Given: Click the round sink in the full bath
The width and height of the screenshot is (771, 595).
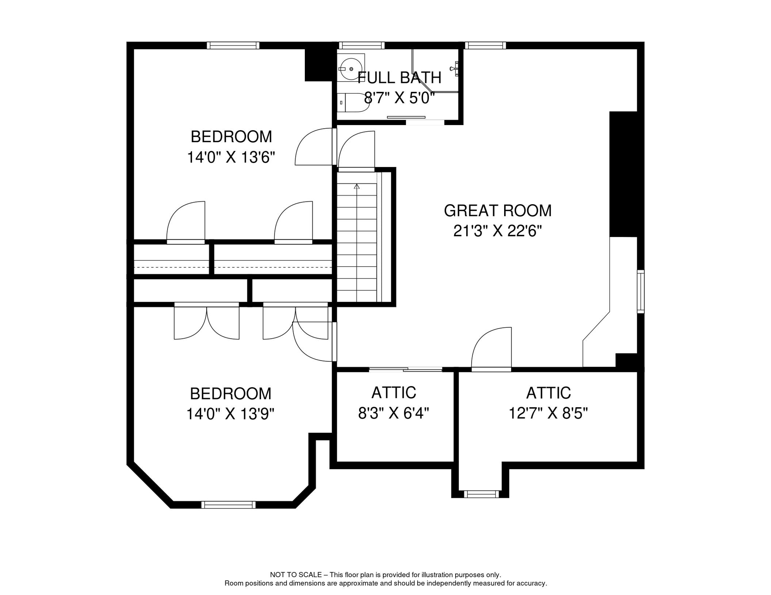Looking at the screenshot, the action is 351,69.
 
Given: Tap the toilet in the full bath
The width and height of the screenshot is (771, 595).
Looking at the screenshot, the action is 352,103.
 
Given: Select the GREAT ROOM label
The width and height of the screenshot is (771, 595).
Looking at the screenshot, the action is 498,211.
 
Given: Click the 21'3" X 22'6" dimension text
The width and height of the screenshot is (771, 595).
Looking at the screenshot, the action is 498,231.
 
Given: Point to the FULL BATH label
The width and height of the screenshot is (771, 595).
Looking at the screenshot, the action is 399,78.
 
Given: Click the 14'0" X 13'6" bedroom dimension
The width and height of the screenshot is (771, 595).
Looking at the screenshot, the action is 231,157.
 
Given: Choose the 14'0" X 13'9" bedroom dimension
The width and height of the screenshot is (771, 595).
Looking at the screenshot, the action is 230,414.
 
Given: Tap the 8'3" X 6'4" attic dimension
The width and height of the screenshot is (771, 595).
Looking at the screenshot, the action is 394,413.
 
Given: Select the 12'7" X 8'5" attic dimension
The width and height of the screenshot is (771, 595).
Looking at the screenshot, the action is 548,413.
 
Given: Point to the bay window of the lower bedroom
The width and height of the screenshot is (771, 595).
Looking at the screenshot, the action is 228,504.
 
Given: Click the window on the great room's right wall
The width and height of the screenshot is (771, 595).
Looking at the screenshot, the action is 641,291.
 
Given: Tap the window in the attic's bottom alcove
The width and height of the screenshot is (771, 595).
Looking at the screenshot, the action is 481,494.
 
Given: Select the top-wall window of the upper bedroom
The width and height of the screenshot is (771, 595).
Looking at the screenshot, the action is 233,45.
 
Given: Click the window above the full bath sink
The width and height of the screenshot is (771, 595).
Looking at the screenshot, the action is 361,45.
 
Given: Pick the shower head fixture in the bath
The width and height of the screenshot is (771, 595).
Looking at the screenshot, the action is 455,69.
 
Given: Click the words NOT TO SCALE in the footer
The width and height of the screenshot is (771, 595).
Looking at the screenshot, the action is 296,575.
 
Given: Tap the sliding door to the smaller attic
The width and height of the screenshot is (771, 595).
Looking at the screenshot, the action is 406,369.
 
